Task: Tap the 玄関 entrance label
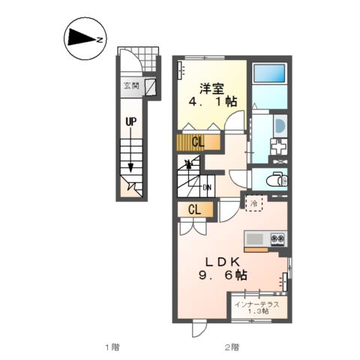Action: (131, 85)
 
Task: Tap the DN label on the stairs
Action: (207, 187)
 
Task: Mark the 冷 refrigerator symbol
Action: (254, 203)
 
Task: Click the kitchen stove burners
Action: (277, 239)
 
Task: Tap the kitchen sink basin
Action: (253, 239)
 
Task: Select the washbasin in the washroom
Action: (279, 124)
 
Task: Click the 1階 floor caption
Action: (112, 347)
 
